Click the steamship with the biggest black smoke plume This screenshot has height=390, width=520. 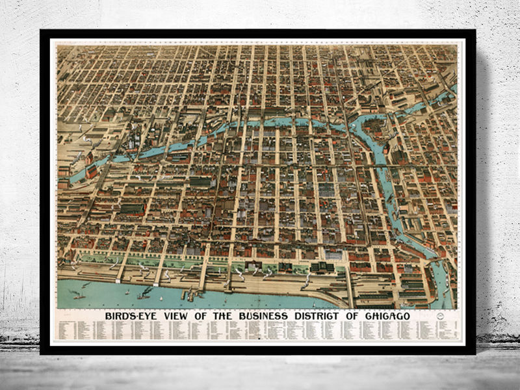144,292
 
